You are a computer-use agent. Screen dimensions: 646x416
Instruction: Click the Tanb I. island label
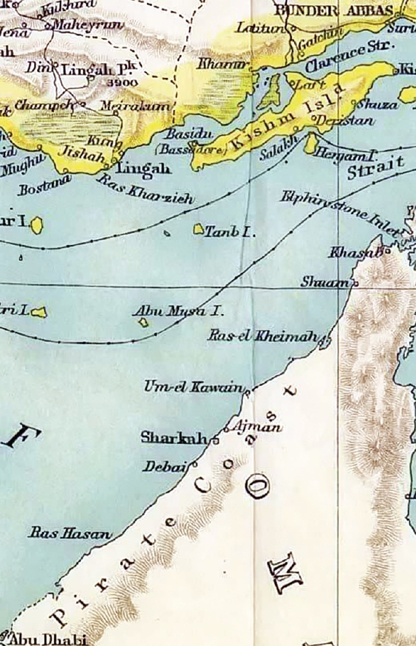pos(229,232)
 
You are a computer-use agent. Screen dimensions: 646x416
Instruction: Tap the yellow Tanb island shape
pos(199,229)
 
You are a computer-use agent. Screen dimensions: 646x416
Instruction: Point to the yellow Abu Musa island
pos(144,323)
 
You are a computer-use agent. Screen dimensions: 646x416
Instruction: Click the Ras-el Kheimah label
pos(263,336)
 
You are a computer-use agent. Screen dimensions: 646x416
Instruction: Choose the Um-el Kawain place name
pos(194,387)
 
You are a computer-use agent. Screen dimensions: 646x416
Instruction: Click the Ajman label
pos(256,426)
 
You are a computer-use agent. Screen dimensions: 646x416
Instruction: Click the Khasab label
pos(354,253)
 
